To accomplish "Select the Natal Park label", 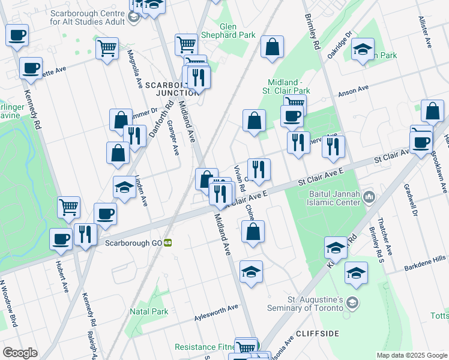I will click(x=149, y=311).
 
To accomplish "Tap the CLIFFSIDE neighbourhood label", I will click(x=318, y=333).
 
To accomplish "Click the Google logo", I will click(x=20, y=353).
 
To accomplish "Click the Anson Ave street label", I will click(x=353, y=91).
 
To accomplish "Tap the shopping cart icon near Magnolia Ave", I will click(x=107, y=47).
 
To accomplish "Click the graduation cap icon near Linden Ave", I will click(x=124, y=188).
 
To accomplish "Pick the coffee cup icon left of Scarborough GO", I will click(x=61, y=239).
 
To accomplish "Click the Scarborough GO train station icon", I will click(x=169, y=243).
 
